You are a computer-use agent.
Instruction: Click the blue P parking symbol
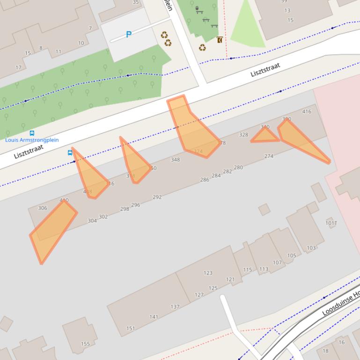[129, 34]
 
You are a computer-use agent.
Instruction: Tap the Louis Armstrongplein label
[32, 140]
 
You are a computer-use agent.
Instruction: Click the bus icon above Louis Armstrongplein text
[32, 133]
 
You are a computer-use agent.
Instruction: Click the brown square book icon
[220, 40]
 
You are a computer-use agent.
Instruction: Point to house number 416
[307, 111]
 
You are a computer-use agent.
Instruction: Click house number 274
[269, 156]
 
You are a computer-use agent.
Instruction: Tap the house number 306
[43, 208]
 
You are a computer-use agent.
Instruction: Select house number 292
[157, 197]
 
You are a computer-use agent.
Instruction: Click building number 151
[131, 328]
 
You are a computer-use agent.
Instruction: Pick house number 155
[85, 344]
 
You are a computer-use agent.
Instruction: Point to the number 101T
[331, 223]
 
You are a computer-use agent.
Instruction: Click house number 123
[208, 273]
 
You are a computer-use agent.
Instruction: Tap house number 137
[175, 307]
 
